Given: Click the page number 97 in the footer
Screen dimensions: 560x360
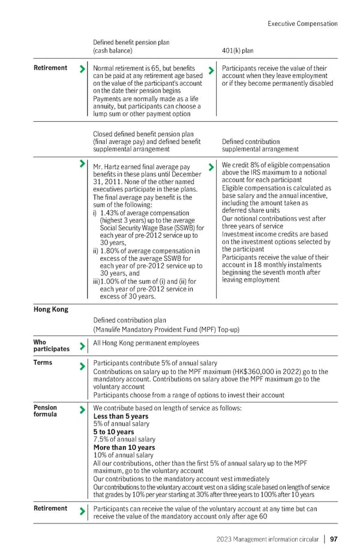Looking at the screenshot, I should pos(334,539).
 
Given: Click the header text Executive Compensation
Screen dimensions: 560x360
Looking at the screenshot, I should pos(302,23).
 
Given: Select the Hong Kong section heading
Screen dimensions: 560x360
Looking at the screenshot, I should pos(51,309).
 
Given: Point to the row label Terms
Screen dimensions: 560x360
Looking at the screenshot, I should pos(43,362).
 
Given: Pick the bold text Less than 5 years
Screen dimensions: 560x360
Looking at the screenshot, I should pos(121,416).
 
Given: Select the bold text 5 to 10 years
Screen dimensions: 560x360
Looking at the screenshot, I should pos(113,432).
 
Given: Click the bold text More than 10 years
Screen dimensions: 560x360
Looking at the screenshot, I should pos(124,447).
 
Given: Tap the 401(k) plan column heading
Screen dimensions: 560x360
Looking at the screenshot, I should pos(238,51).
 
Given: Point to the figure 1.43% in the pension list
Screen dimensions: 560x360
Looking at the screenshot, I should pos(112,213).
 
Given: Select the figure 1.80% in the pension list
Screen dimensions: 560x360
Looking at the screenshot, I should pos(112,251).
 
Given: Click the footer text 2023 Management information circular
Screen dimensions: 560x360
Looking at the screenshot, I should pos(267,539).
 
